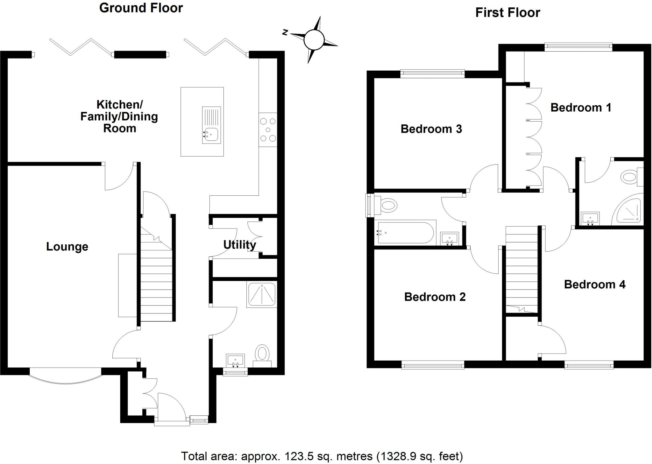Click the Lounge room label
pos(67,247)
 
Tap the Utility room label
pos(239,245)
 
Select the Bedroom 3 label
pos(431,129)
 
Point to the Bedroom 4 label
pos(594,284)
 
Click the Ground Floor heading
pos(141,8)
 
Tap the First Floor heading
pos(507,13)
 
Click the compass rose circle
pos(314,40)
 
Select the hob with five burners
pos(268,130)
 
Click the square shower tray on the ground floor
pos(261,295)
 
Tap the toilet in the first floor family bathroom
pos(388,205)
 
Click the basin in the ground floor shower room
pos(236,360)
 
